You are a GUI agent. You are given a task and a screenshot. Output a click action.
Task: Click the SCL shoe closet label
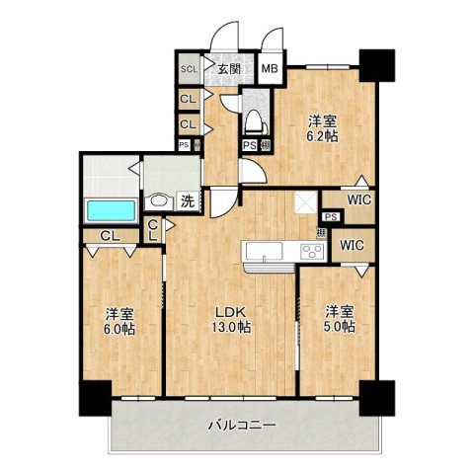pyautogui.click(x=187, y=69)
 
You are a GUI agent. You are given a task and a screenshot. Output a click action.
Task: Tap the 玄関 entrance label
pyautogui.click(x=229, y=69)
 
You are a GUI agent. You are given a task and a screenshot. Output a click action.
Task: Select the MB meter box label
pyautogui.click(x=269, y=69)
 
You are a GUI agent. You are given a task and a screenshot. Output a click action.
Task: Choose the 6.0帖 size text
pyautogui.click(x=120, y=329)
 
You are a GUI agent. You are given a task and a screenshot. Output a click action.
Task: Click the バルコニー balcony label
pyautogui.click(x=241, y=426)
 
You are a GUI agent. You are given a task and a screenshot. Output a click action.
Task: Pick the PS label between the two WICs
pyautogui.click(x=331, y=217)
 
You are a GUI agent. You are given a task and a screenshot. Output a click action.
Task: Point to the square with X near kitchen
pyautogui.click(x=305, y=204)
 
